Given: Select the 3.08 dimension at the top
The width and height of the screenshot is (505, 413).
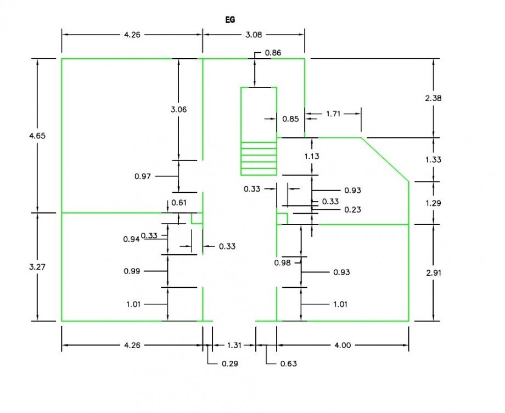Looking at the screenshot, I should (253, 35).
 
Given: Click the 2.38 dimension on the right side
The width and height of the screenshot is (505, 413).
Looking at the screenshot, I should (434, 98).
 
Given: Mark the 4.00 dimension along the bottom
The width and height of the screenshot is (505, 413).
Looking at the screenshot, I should (343, 345).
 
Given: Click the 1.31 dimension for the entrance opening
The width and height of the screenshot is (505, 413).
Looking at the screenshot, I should (234, 345).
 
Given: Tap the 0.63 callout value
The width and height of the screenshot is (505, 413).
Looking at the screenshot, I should (288, 364).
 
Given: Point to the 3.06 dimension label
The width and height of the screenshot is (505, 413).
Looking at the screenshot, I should (179, 109).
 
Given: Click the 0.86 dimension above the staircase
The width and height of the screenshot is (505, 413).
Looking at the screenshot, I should (273, 53).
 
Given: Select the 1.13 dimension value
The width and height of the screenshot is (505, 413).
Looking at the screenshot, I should (312, 156).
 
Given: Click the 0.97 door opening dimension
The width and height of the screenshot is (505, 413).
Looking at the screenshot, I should (143, 176).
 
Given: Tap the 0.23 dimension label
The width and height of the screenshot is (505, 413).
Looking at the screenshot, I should (353, 210).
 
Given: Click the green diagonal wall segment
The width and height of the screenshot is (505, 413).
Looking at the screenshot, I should (385, 159).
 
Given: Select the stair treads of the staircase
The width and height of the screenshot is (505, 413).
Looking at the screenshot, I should (259, 157).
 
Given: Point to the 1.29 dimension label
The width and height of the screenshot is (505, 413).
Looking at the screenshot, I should (434, 203).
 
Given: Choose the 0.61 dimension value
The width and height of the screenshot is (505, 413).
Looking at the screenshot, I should (179, 203).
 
